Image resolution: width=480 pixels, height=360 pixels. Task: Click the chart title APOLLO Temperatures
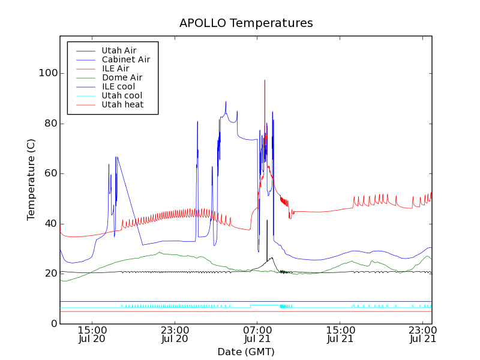(246, 23)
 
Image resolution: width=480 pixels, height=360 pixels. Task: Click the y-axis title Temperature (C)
(31, 179)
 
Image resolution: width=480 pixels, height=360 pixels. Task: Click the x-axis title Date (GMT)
(246, 352)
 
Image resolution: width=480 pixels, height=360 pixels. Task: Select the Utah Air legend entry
(119, 50)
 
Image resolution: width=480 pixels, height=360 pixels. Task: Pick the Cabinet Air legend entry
(125, 59)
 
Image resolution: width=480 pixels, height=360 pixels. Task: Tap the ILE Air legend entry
(115, 68)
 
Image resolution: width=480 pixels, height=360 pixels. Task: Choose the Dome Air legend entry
(122, 77)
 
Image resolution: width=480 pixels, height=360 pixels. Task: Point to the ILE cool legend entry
(118, 86)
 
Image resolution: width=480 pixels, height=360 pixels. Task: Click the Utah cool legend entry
(122, 95)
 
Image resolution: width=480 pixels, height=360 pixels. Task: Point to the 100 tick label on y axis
(48, 73)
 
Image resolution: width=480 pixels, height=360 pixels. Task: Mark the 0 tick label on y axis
(53, 324)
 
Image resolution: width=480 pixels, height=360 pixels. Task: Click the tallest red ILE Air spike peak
(265, 80)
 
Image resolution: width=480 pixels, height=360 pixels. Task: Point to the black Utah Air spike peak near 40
(267, 221)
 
